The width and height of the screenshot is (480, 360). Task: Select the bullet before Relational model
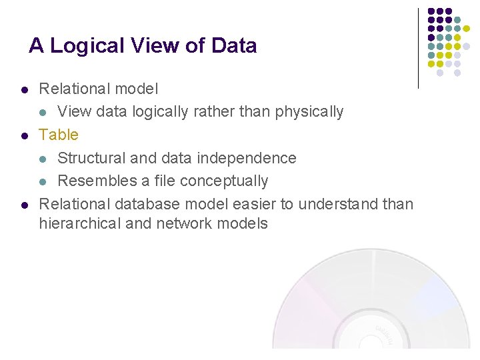(x=24, y=89)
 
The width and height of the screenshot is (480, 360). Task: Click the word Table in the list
(x=59, y=135)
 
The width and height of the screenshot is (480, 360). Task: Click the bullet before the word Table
(x=24, y=135)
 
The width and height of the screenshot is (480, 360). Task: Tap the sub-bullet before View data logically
(x=43, y=112)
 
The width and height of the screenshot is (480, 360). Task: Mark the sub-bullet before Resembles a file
(x=43, y=181)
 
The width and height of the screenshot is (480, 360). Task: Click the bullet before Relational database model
(x=24, y=205)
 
